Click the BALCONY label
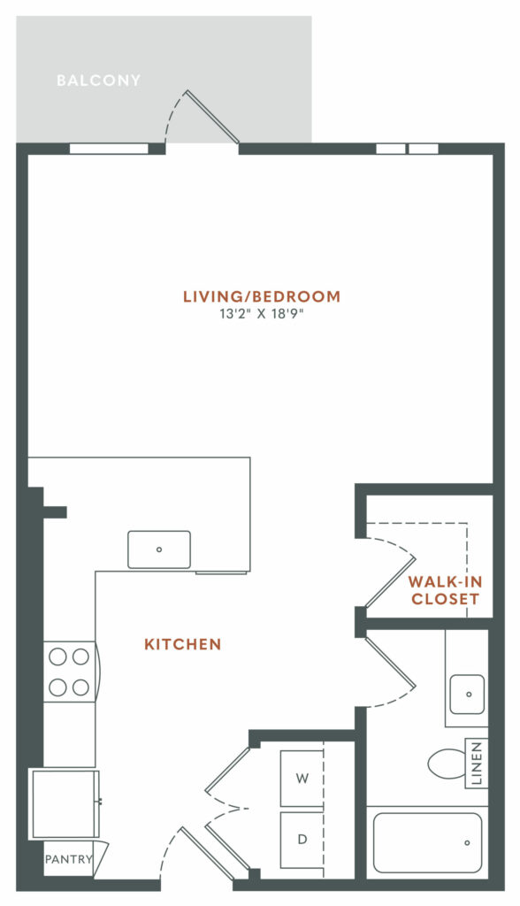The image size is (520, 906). pos(98,81)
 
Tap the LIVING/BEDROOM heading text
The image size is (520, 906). pos(261,296)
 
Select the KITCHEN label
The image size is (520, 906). pos(182,644)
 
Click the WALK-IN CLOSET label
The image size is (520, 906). pos(444,590)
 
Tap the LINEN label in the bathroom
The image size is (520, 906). pos(478,764)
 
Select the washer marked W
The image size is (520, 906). pos(302,779)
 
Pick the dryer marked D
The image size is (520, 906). pos(302,839)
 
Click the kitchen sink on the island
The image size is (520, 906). pos(159,549)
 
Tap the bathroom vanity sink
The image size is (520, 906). pos(467,694)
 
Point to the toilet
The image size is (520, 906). pos(447,764)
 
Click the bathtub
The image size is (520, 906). pos(427,841)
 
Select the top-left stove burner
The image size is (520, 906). pos(57,656)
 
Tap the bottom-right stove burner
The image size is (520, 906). pos(80,686)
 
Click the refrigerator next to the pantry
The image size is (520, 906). pos(65,803)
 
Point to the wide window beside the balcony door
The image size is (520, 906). pos(109,149)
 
